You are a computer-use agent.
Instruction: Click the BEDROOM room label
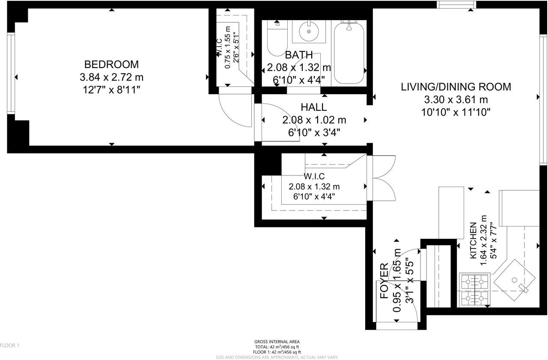point(111,64)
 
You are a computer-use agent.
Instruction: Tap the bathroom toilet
point(277,38)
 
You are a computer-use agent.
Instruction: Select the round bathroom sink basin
point(309,32)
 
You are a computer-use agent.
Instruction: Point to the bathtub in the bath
point(349,53)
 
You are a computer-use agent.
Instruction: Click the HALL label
point(314,107)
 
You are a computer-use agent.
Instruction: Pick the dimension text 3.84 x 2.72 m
point(111,77)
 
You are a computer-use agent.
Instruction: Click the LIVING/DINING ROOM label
point(456,87)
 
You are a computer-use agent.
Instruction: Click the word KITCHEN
point(473,241)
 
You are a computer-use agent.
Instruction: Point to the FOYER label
point(384,281)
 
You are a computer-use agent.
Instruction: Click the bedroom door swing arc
point(231,114)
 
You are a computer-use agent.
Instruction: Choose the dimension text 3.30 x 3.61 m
point(456,100)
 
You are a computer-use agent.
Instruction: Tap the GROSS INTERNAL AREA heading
point(277,342)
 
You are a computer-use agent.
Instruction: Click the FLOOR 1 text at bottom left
point(9,345)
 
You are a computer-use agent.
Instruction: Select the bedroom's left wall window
point(11,73)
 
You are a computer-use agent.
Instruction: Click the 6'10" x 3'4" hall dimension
point(314,133)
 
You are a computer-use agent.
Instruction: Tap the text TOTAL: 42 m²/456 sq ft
point(277,347)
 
